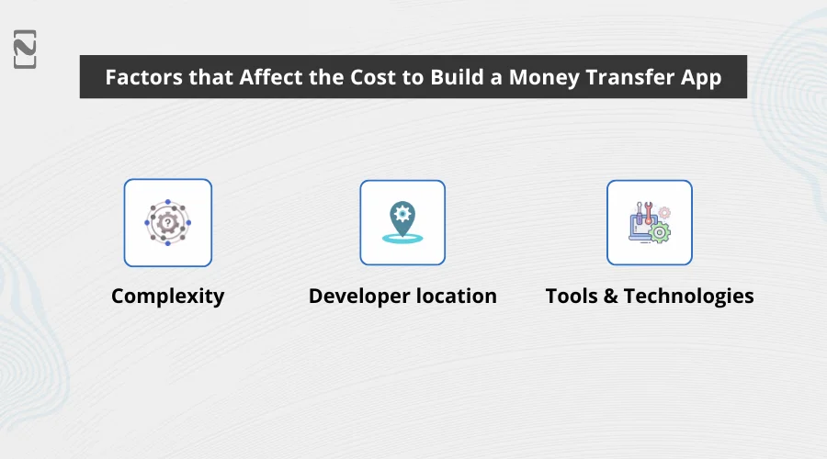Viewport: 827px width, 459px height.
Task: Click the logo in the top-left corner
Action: (25, 49)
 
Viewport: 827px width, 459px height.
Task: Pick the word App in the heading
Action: (701, 77)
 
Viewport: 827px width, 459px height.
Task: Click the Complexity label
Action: (167, 297)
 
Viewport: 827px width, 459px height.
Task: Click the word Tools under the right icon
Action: (572, 297)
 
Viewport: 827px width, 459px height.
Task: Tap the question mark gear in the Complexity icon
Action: (167, 222)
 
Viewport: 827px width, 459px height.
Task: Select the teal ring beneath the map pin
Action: (402, 239)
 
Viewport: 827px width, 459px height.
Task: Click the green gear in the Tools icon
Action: (659, 232)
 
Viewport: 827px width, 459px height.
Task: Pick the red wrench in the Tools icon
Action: (648, 214)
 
